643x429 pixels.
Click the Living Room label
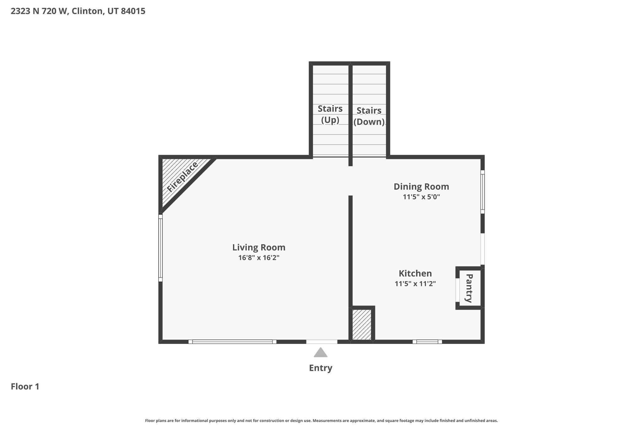click(259, 247)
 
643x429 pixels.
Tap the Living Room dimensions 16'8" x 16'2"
click(259, 258)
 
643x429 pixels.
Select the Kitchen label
click(415, 273)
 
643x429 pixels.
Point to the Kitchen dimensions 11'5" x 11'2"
click(415, 283)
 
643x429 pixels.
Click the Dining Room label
click(421, 186)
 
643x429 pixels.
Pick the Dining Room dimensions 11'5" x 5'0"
click(421, 197)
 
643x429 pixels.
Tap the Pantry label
click(469, 288)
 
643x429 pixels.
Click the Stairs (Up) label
click(330, 114)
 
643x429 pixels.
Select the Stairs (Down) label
click(369, 116)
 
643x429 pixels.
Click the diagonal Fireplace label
click(182, 177)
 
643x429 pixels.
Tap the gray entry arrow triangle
click(321, 352)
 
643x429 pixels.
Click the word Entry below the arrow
click(321, 368)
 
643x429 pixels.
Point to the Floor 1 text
click(25, 386)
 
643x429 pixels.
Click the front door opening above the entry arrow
click(322, 342)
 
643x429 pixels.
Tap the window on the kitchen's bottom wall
click(427, 342)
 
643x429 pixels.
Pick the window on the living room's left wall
click(160, 248)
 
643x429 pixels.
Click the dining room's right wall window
click(483, 192)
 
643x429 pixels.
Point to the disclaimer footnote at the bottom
click(321, 421)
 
